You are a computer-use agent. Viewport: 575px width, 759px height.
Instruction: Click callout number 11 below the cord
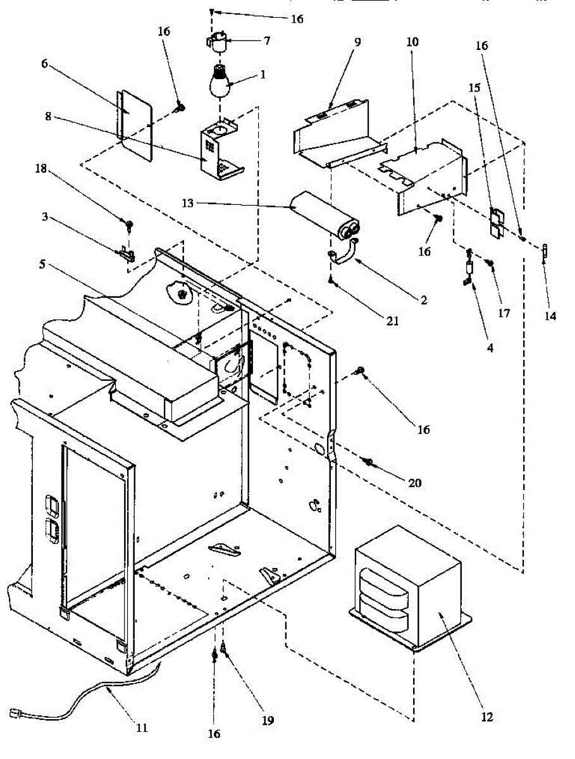click(142, 727)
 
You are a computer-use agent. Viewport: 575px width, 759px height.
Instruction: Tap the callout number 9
click(357, 43)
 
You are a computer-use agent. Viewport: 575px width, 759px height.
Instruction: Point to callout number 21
click(392, 321)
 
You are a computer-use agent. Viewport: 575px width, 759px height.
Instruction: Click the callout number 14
click(550, 316)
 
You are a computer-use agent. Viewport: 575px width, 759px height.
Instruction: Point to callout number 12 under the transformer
click(486, 717)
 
